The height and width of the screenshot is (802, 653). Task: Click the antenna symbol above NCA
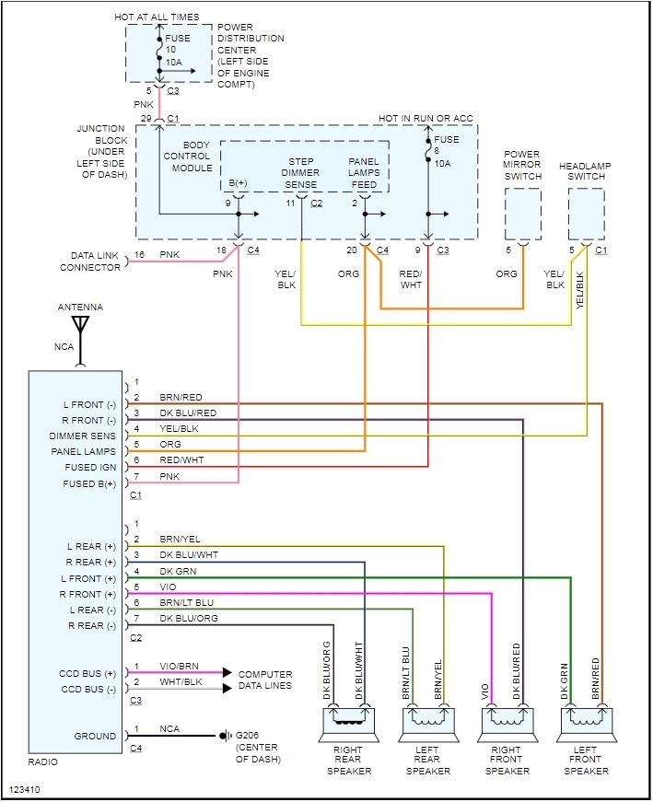coord(80,328)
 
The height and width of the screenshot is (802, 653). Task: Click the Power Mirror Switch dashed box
coord(522,215)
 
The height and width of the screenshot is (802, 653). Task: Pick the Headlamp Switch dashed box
coord(586,215)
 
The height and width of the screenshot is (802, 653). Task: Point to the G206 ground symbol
coord(224,736)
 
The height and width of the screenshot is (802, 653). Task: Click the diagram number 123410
coord(25,789)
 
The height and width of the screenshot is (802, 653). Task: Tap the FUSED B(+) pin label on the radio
coord(89,483)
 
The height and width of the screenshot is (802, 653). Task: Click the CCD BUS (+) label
coord(87,673)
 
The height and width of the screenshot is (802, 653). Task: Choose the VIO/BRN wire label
coord(179,667)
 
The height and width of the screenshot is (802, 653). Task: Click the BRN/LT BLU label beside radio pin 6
coord(186,602)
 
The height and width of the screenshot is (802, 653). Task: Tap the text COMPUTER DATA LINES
coord(265,680)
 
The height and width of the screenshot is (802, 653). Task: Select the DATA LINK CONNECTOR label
coord(90,262)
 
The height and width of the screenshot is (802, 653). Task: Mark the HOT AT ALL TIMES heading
coord(156,17)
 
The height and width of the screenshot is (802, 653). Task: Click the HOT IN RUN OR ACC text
coord(426,118)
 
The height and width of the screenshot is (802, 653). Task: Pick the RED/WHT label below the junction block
coord(411,280)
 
